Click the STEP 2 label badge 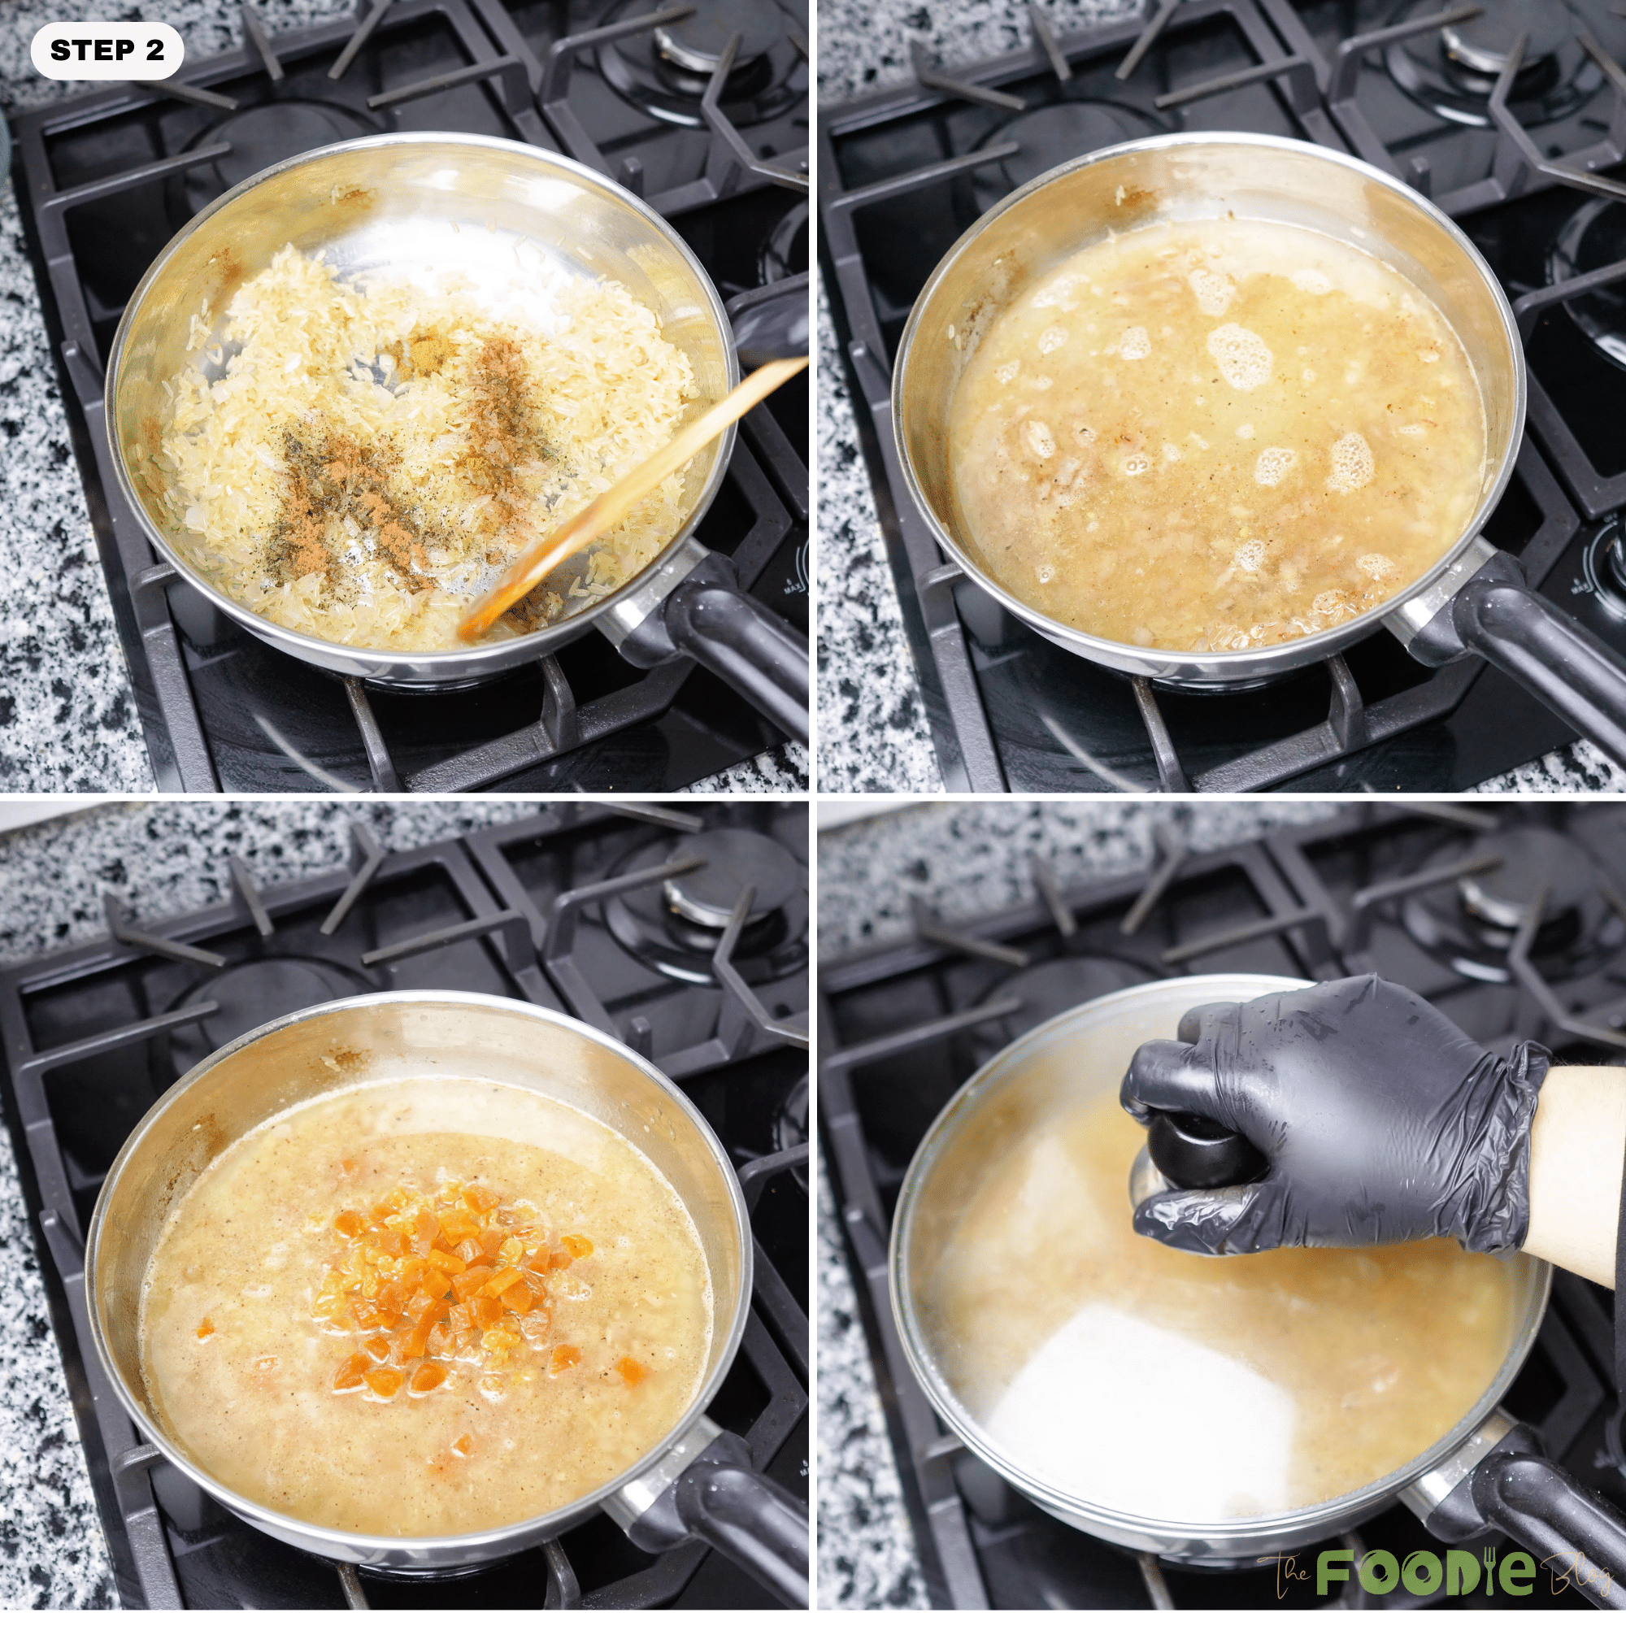tap(107, 50)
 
